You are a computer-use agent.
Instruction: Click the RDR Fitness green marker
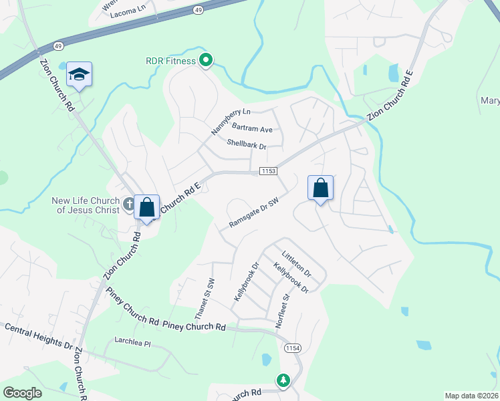[207, 61]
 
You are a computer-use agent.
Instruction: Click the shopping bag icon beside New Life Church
[146, 207]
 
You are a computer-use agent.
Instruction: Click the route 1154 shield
[292, 348]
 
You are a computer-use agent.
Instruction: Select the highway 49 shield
[199, 10]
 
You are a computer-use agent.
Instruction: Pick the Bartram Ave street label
[252, 128]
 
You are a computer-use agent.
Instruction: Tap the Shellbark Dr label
[246, 144]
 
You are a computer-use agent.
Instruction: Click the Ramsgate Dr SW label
[253, 212]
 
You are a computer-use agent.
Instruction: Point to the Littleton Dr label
[296, 264]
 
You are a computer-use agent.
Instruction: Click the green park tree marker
[283, 380]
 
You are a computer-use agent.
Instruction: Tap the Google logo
[22, 393]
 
